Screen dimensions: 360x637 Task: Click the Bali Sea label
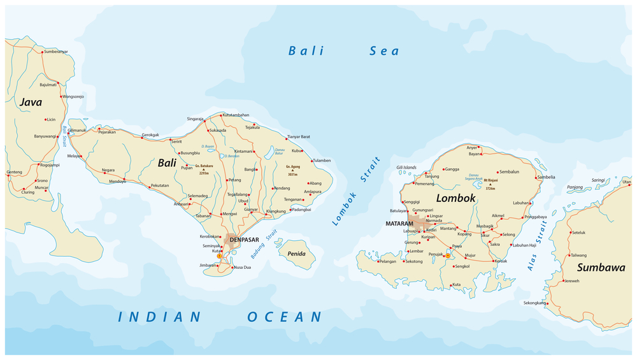point(343,51)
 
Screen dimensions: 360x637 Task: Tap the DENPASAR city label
point(244,240)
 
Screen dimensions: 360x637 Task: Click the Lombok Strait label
point(356,192)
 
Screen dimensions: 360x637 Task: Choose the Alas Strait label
point(537,246)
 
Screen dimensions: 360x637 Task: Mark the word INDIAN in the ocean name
point(159,317)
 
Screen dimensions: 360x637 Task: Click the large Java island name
point(31,102)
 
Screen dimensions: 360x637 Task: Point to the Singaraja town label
point(195,119)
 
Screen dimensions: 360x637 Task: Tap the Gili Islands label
point(406,168)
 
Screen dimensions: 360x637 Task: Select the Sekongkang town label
point(534,303)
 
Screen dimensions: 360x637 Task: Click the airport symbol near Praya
point(448,256)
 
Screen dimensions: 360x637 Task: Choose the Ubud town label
point(243,201)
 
